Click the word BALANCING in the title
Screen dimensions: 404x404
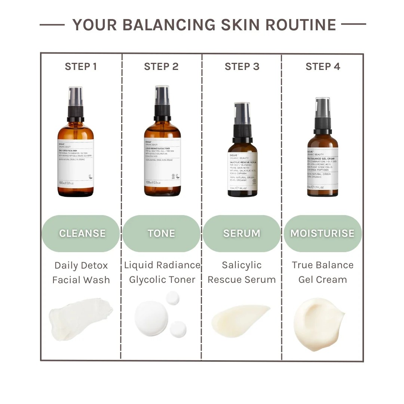click(x=169, y=25)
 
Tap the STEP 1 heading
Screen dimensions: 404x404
click(x=81, y=67)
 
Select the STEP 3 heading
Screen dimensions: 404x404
click(x=242, y=67)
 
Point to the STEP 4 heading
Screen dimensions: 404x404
click(x=323, y=67)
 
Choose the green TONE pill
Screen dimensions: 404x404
click(x=162, y=233)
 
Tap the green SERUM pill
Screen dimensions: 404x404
click(x=242, y=233)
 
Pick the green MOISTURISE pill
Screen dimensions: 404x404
click(x=322, y=233)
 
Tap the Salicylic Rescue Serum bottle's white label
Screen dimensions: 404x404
click(x=242, y=171)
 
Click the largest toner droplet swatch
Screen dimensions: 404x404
click(x=151, y=318)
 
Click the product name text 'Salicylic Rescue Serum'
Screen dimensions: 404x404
click(x=242, y=272)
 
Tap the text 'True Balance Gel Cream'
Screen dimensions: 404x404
click(x=322, y=272)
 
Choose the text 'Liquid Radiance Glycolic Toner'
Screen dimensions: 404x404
click(x=162, y=272)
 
